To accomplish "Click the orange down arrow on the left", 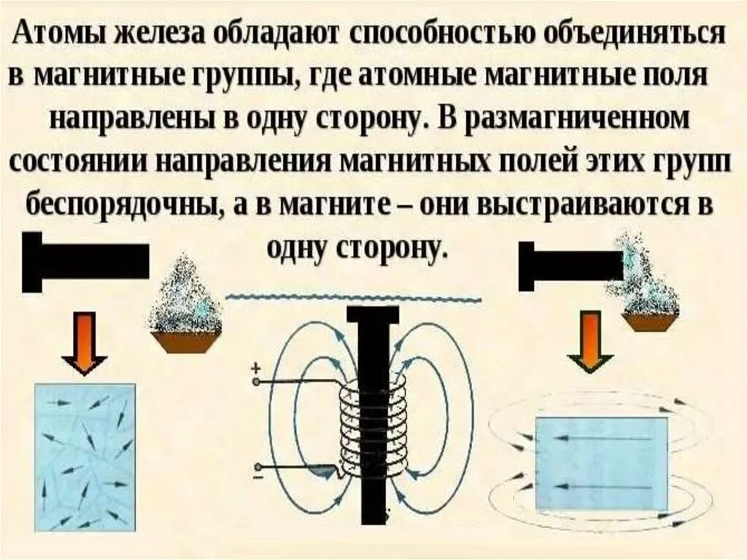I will click(x=85, y=341).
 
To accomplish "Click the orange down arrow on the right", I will click(x=590, y=341).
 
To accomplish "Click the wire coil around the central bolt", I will click(x=372, y=431).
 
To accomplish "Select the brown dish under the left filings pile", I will click(x=185, y=340).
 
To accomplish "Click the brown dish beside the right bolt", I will click(x=651, y=321).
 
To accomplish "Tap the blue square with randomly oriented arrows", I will click(x=85, y=457).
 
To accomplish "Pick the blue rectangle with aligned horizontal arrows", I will click(x=602, y=463).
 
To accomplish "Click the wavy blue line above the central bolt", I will click(x=353, y=297).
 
